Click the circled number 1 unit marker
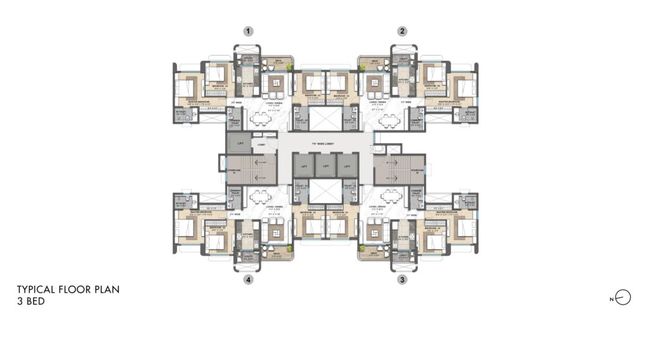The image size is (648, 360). (249, 30)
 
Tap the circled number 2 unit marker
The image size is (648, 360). (402, 30)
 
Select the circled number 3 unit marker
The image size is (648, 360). (402, 278)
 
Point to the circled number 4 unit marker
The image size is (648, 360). (249, 278)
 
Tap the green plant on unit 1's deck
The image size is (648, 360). (290, 66)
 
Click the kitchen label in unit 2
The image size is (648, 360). (403, 80)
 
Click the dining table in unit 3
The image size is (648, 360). (391, 196)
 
